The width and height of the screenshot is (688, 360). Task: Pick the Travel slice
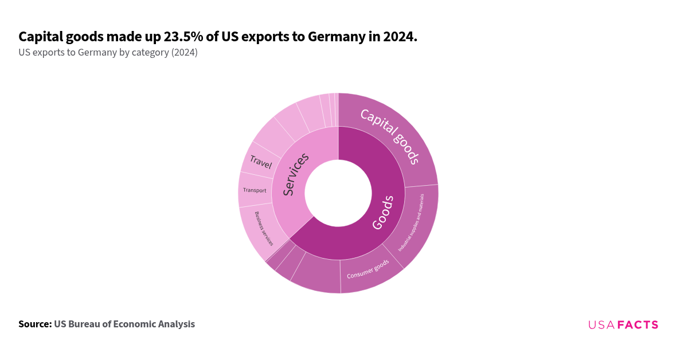tap(260, 162)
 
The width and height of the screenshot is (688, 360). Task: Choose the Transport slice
tap(255, 190)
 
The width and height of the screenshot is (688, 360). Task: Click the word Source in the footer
tap(34, 324)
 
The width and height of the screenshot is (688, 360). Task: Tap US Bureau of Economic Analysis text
tap(124, 324)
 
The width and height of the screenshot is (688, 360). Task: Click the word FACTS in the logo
tap(638, 325)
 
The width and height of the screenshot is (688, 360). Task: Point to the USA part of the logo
tap(601, 325)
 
